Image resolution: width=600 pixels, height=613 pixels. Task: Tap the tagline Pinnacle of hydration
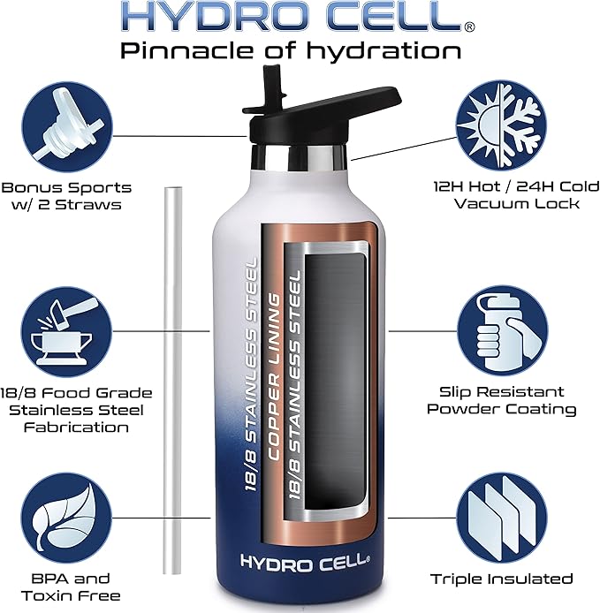291,50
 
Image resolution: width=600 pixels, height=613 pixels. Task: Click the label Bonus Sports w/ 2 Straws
66,196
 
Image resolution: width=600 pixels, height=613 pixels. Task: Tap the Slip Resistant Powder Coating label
502,400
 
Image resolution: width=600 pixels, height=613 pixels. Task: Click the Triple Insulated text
502,579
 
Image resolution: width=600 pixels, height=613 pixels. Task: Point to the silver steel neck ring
299,161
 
